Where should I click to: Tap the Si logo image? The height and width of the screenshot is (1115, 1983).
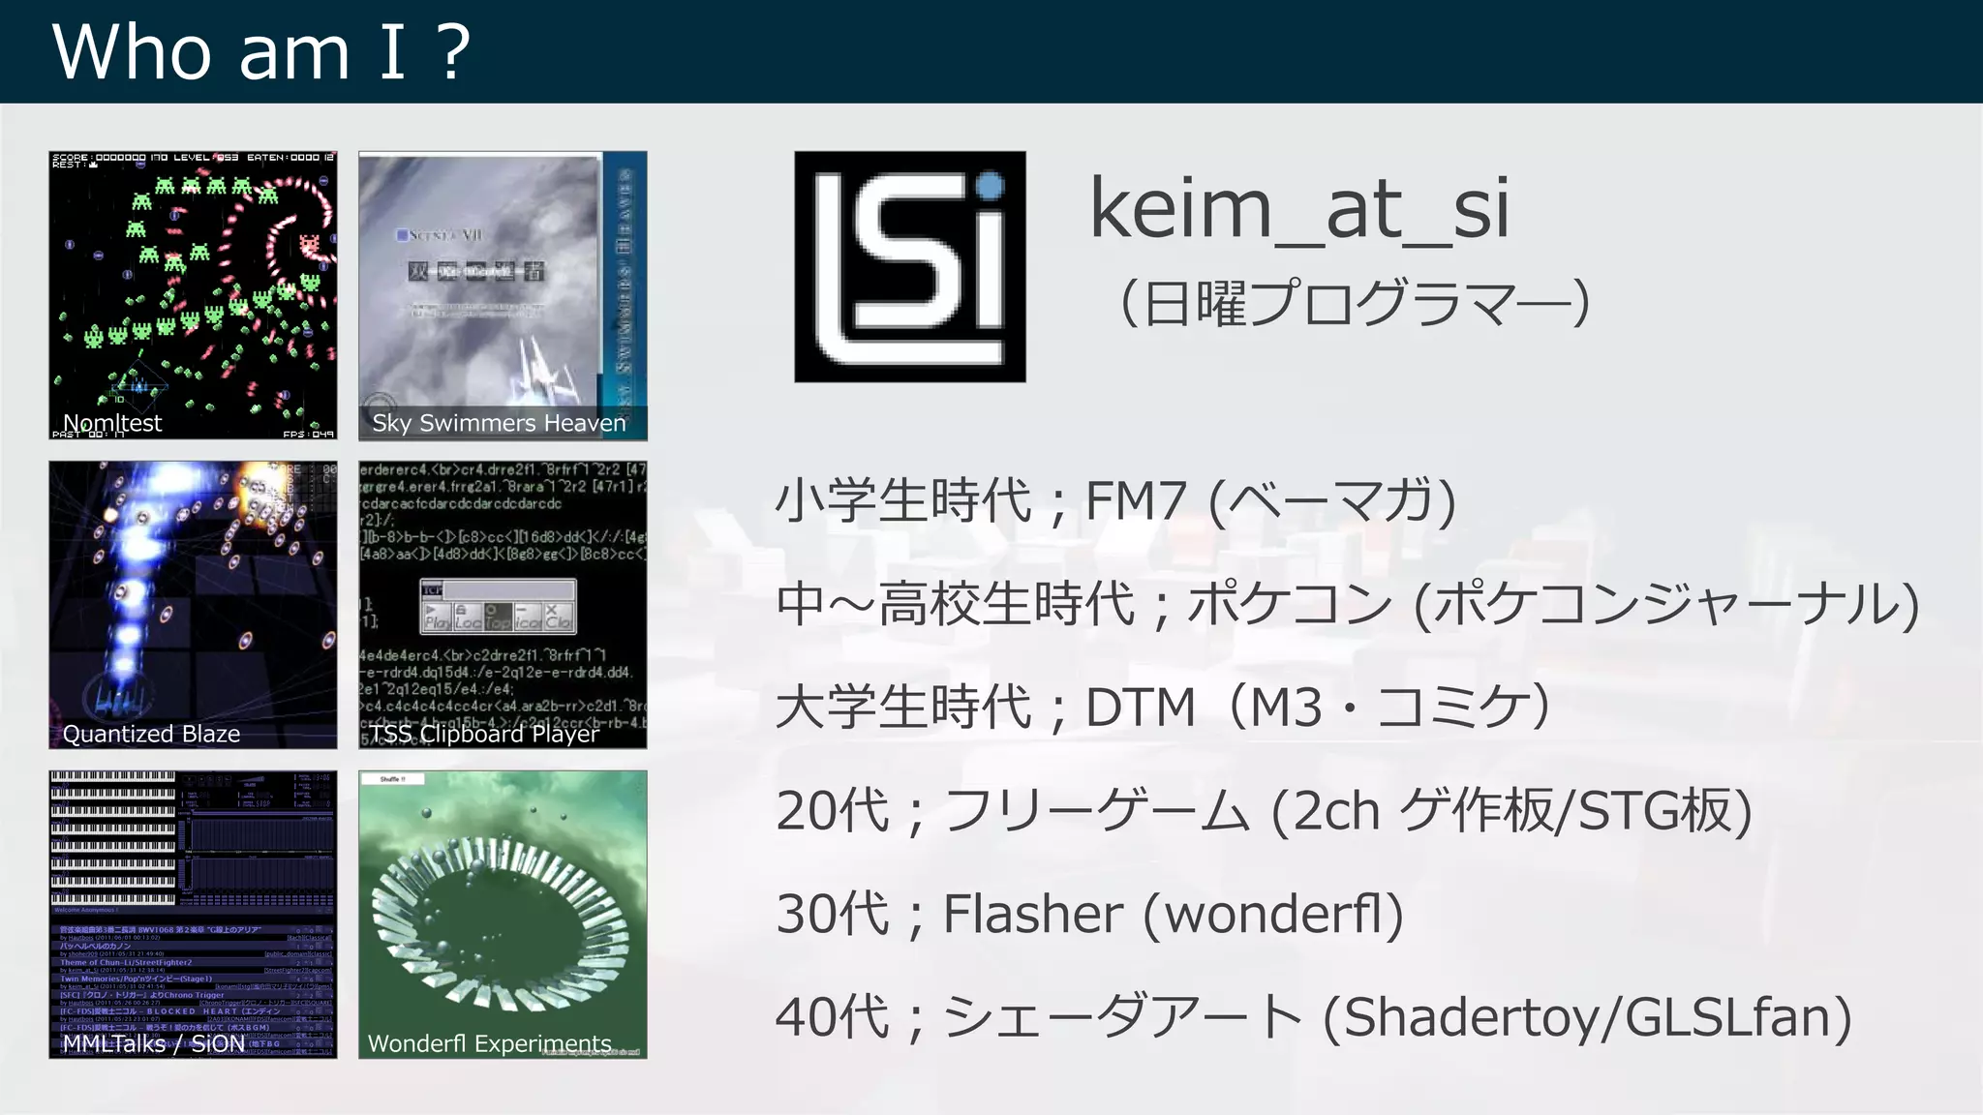909,266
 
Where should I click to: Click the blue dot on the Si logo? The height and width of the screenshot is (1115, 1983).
990,186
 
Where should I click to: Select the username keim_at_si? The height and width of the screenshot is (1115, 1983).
1298,208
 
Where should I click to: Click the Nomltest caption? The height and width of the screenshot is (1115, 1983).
112,423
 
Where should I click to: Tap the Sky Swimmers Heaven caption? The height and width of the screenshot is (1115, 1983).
499,423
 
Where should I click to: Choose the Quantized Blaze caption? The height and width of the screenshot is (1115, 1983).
151,734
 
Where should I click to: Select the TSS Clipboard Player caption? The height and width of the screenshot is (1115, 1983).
485,734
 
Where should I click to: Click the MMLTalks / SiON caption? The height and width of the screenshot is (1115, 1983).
154,1043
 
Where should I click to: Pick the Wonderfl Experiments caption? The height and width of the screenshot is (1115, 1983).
489,1043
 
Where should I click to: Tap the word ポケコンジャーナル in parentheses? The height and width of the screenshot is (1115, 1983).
1666,605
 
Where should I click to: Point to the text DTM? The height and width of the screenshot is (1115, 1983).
1141,708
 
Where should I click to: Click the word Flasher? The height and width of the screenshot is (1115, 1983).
1032,914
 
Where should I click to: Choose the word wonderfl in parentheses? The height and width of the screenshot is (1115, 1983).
1272,914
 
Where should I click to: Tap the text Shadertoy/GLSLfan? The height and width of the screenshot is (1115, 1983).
1588,1017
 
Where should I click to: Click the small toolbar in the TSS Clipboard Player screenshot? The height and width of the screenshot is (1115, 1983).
499,606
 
